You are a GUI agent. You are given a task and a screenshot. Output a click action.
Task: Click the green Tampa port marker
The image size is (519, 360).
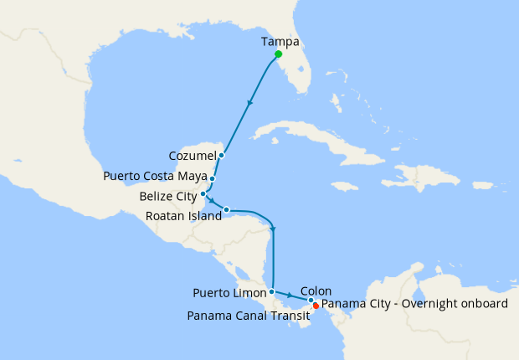click(278, 54)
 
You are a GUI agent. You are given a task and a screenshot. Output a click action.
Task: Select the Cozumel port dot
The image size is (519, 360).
click(221, 156)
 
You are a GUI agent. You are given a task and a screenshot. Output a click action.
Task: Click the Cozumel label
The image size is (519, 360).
click(192, 156)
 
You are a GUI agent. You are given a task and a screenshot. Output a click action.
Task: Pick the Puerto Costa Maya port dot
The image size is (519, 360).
click(213, 178)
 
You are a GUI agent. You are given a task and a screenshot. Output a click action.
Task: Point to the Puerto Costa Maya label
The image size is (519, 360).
click(155, 177)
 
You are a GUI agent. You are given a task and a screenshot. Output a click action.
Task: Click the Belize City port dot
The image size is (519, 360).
click(203, 195)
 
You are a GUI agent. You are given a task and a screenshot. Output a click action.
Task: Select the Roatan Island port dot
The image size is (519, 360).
click(227, 209)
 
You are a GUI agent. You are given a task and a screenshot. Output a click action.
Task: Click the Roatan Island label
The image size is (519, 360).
click(182, 215)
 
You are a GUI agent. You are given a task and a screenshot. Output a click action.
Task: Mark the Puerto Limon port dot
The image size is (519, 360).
click(272, 291)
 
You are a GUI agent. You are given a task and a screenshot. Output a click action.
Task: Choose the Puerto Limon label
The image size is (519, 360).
click(229, 293)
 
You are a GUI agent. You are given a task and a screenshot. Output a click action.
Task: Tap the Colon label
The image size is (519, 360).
click(316, 291)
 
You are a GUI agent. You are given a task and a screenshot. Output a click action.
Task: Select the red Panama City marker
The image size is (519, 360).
click(316, 306)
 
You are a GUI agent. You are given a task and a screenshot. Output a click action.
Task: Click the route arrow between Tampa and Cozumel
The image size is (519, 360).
click(249, 105)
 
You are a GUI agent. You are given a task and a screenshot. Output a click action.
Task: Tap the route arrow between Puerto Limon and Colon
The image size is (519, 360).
click(290, 296)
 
